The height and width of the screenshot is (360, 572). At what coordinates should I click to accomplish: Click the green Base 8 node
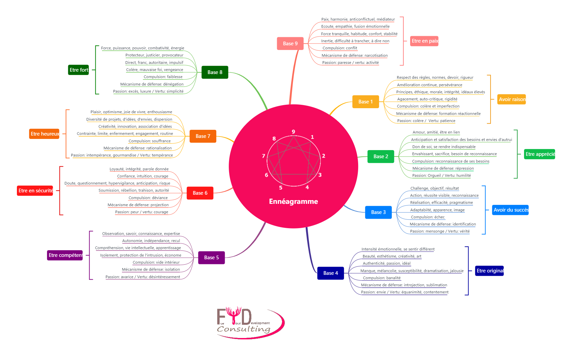pyautogui.click(x=215, y=72)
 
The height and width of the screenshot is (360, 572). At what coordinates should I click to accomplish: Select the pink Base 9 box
pyautogui.click(x=290, y=44)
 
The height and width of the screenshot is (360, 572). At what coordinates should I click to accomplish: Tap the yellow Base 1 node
pyautogui.click(x=365, y=102)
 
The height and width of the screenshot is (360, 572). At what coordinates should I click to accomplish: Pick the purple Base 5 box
pyautogui.click(x=211, y=258)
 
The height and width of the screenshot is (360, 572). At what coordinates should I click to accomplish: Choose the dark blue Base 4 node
pyautogui.click(x=330, y=273)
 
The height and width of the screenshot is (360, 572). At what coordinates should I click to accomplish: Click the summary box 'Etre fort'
pyautogui.click(x=78, y=70)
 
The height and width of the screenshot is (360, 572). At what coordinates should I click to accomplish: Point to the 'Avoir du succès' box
pyautogui.click(x=510, y=210)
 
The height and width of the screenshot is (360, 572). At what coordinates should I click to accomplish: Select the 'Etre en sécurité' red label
pyautogui.click(x=35, y=191)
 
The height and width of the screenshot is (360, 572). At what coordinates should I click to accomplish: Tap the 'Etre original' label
pyautogui.click(x=489, y=271)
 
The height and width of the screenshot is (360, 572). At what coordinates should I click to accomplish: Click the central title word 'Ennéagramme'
pyautogui.click(x=293, y=201)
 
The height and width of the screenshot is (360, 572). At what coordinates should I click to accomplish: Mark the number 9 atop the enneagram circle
pyautogui.click(x=293, y=132)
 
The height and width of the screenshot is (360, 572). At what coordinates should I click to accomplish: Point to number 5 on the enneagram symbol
pyautogui.click(x=280, y=188)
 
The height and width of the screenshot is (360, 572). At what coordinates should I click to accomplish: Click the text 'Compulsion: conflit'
pyautogui.click(x=340, y=48)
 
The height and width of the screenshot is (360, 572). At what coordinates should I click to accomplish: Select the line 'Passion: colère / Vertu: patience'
pyautogui.click(x=426, y=121)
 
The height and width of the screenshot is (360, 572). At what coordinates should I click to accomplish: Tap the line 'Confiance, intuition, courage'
pyautogui.click(x=143, y=176)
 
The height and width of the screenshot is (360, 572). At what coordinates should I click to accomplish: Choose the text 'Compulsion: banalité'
pyautogui.click(x=381, y=278)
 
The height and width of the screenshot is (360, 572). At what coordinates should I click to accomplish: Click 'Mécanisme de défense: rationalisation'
pyautogui.click(x=138, y=148)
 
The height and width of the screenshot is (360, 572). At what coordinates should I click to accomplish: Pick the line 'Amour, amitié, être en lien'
pyautogui.click(x=436, y=132)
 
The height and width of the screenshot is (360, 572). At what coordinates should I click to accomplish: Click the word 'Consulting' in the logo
pyautogui.click(x=244, y=329)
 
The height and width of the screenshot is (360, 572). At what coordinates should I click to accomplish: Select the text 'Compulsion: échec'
pyautogui.click(x=427, y=217)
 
